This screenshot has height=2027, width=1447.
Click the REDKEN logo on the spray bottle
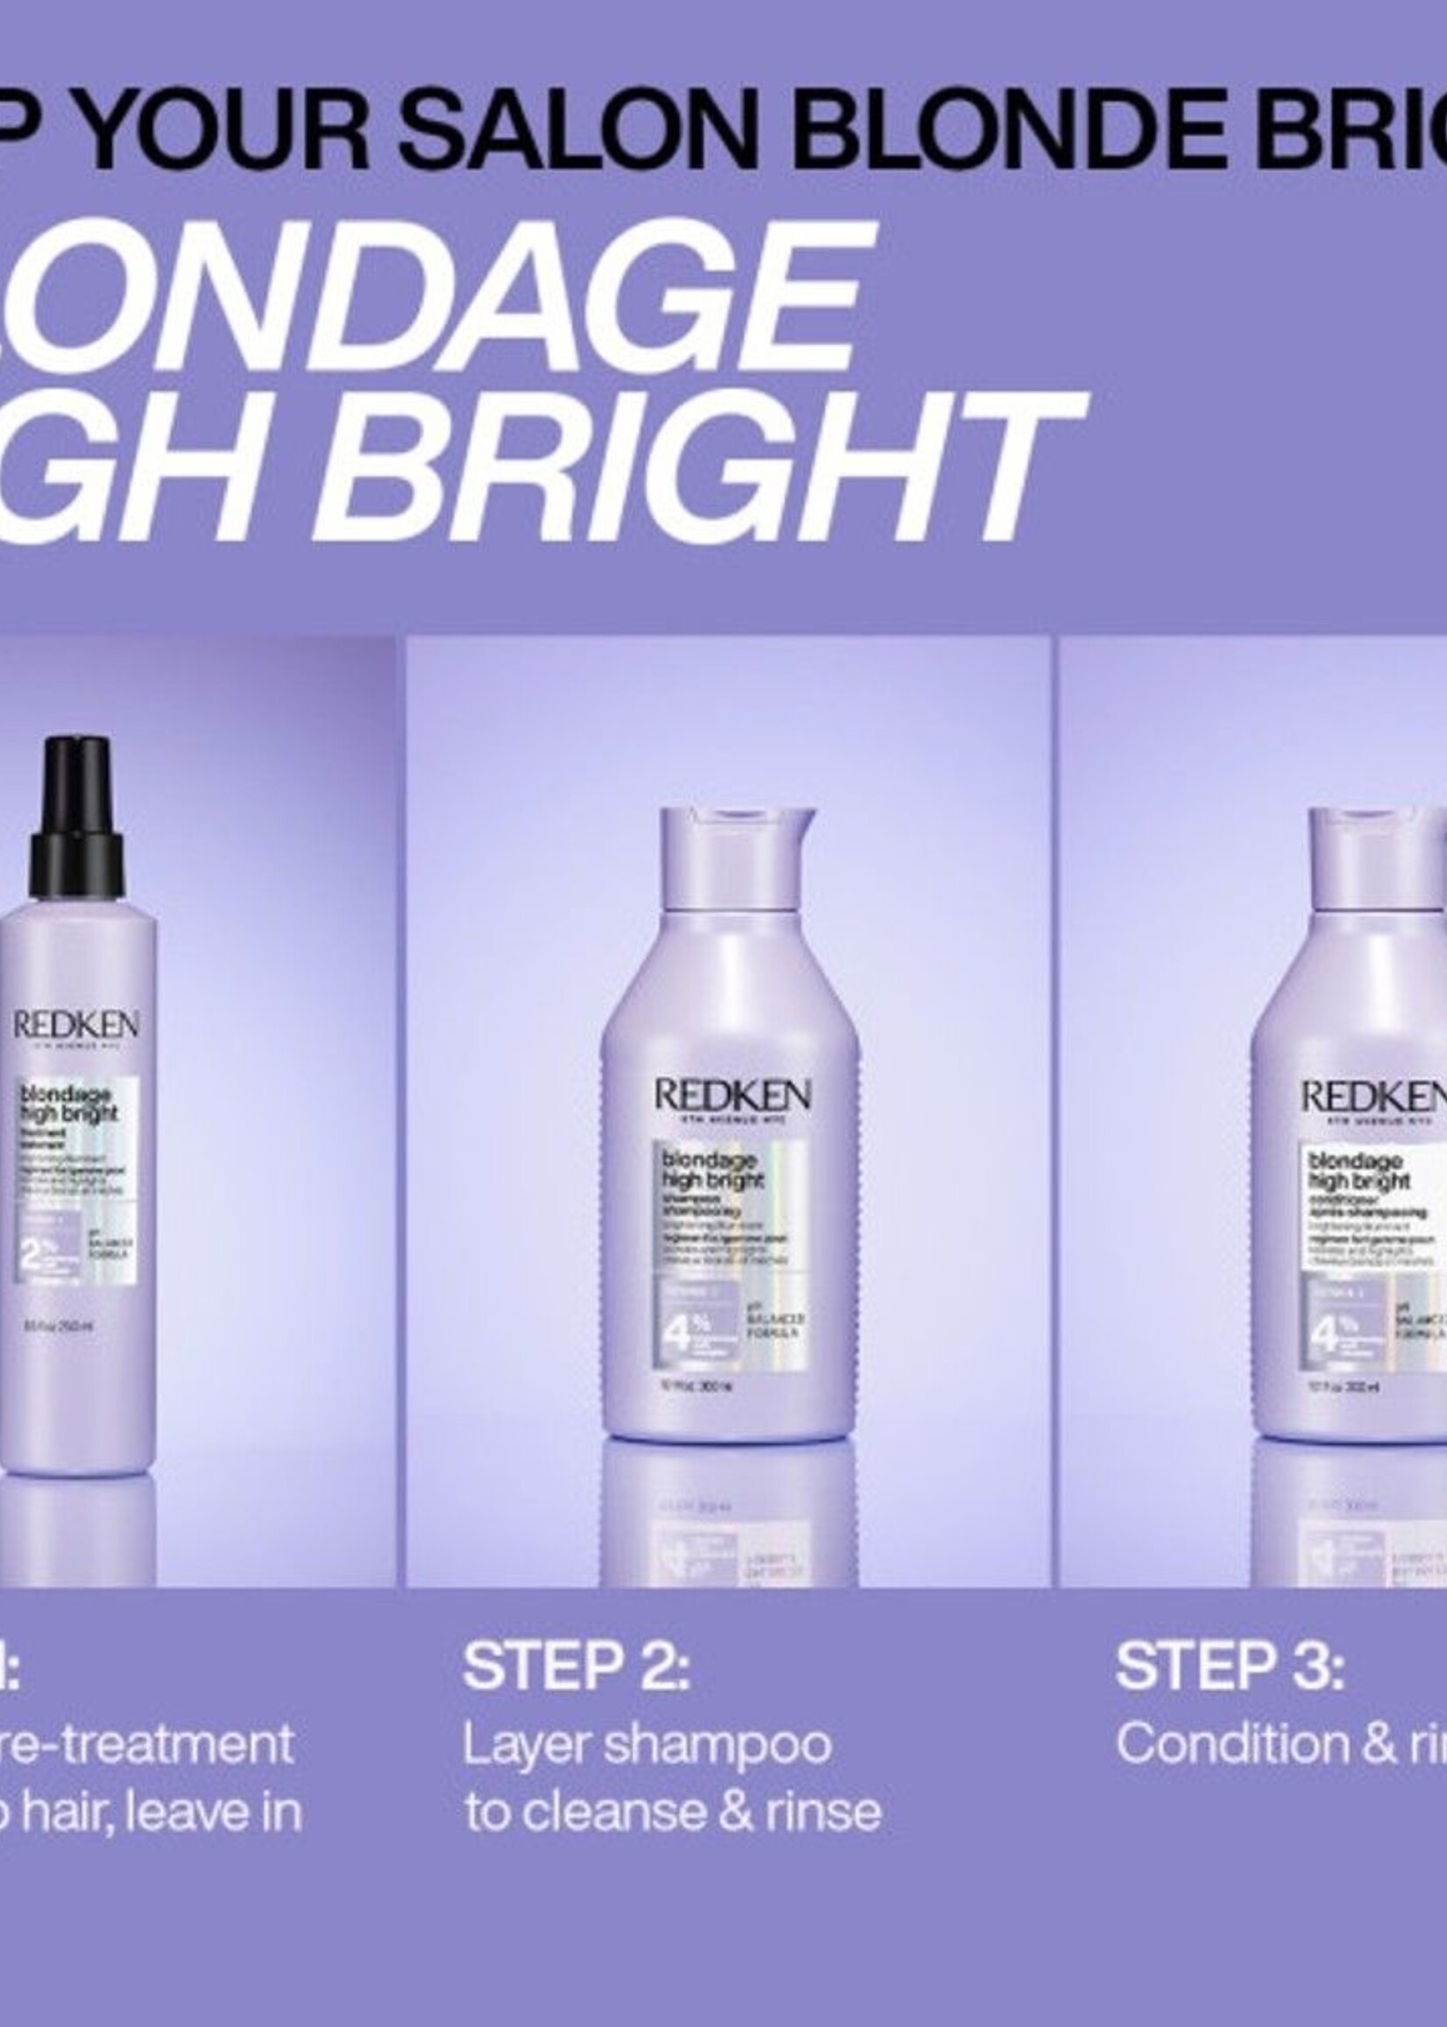click(75, 1025)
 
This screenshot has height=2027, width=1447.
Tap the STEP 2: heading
click(575, 1666)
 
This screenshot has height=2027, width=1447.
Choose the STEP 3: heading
click(1230, 1666)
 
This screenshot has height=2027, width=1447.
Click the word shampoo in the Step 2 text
click(717, 1747)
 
